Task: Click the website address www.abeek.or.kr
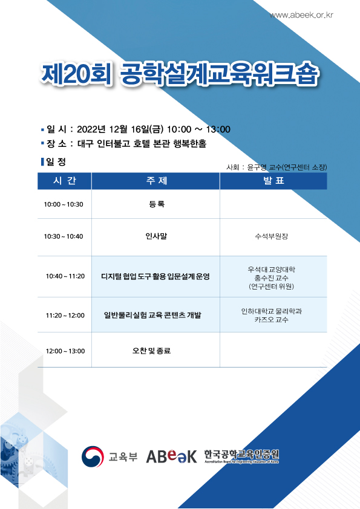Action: pos(301,15)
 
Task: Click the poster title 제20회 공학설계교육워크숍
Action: pos(180,75)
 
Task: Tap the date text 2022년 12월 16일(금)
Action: pos(120,129)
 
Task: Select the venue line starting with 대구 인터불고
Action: pos(142,143)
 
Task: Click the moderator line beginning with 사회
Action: pos(277,167)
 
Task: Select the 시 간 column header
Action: pos(64,181)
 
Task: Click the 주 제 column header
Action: pos(157,181)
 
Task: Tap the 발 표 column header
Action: pos(273,181)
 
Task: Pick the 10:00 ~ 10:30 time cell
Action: pos(64,204)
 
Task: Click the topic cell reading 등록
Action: pos(157,204)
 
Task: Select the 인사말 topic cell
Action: pos(156,236)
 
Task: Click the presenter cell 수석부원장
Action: pos(272,236)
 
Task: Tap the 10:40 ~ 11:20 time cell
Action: pos(65,276)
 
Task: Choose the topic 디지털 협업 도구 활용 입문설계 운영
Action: pos(155,277)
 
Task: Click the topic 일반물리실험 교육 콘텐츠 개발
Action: pos(152,315)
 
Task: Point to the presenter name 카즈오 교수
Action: pos(271,320)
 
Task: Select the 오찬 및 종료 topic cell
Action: pos(151,351)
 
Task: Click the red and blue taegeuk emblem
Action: pos(93,456)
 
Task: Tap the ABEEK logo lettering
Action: pos(172,456)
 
